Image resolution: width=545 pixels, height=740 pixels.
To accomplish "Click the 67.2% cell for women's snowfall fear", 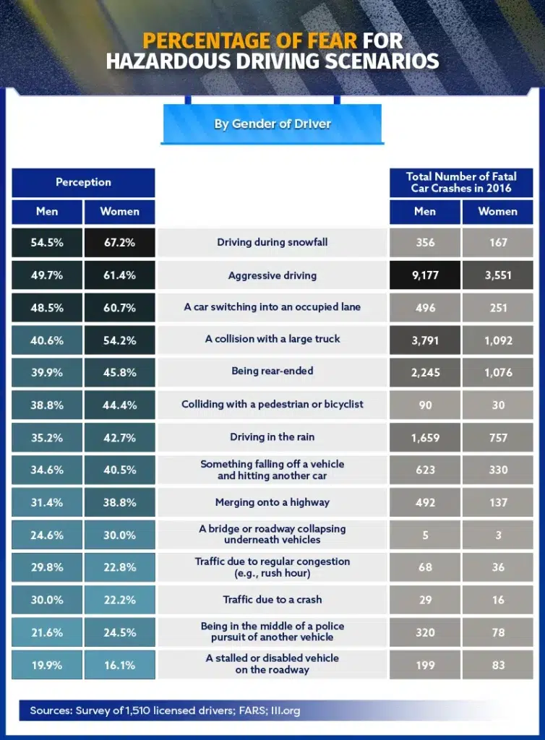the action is click(119, 243).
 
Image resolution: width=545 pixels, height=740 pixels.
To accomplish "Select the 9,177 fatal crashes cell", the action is click(425, 275).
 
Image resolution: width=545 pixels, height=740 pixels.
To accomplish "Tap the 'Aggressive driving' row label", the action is click(272, 275).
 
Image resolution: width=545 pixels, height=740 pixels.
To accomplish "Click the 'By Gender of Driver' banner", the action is click(272, 124).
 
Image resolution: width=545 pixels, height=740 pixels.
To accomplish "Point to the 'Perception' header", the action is click(83, 182).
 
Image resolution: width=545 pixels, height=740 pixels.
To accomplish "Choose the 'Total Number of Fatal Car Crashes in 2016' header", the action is click(461, 182).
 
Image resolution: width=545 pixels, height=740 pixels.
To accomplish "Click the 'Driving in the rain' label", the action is click(272, 437).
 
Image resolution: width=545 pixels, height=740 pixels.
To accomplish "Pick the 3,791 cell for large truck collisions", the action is click(425, 340).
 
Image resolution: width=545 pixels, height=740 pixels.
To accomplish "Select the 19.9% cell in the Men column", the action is click(47, 665).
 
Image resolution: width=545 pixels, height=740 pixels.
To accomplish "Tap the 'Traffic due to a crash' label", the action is click(272, 599).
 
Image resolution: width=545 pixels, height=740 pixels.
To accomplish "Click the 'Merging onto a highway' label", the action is click(272, 502).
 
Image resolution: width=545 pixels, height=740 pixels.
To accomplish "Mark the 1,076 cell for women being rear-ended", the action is click(498, 372).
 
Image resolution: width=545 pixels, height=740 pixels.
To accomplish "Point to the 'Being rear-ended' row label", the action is click(272, 371).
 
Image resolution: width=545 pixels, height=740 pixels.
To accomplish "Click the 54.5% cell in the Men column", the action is click(47, 243).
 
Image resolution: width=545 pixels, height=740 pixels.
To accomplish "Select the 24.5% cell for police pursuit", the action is click(119, 632).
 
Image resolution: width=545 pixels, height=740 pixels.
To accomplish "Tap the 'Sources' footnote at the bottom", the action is click(165, 710).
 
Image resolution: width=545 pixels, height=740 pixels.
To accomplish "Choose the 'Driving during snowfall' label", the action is click(272, 242).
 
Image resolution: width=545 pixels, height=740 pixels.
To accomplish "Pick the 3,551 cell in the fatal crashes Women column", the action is click(498, 275).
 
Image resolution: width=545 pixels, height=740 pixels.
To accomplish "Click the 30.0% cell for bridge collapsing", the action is click(119, 535).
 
